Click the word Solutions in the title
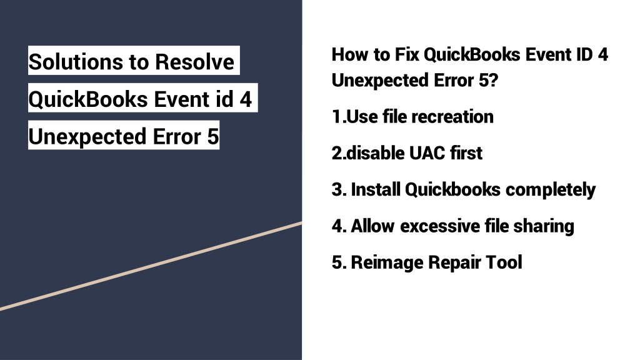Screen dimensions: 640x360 [76, 62]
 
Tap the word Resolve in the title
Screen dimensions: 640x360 [194, 62]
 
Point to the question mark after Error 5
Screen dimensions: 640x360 [494, 80]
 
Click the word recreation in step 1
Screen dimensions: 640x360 [452, 117]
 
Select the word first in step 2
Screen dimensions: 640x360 [466, 153]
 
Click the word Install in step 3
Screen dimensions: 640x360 [376, 189]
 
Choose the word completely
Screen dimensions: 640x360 [551, 190]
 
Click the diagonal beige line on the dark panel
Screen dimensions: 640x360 [151, 266]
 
